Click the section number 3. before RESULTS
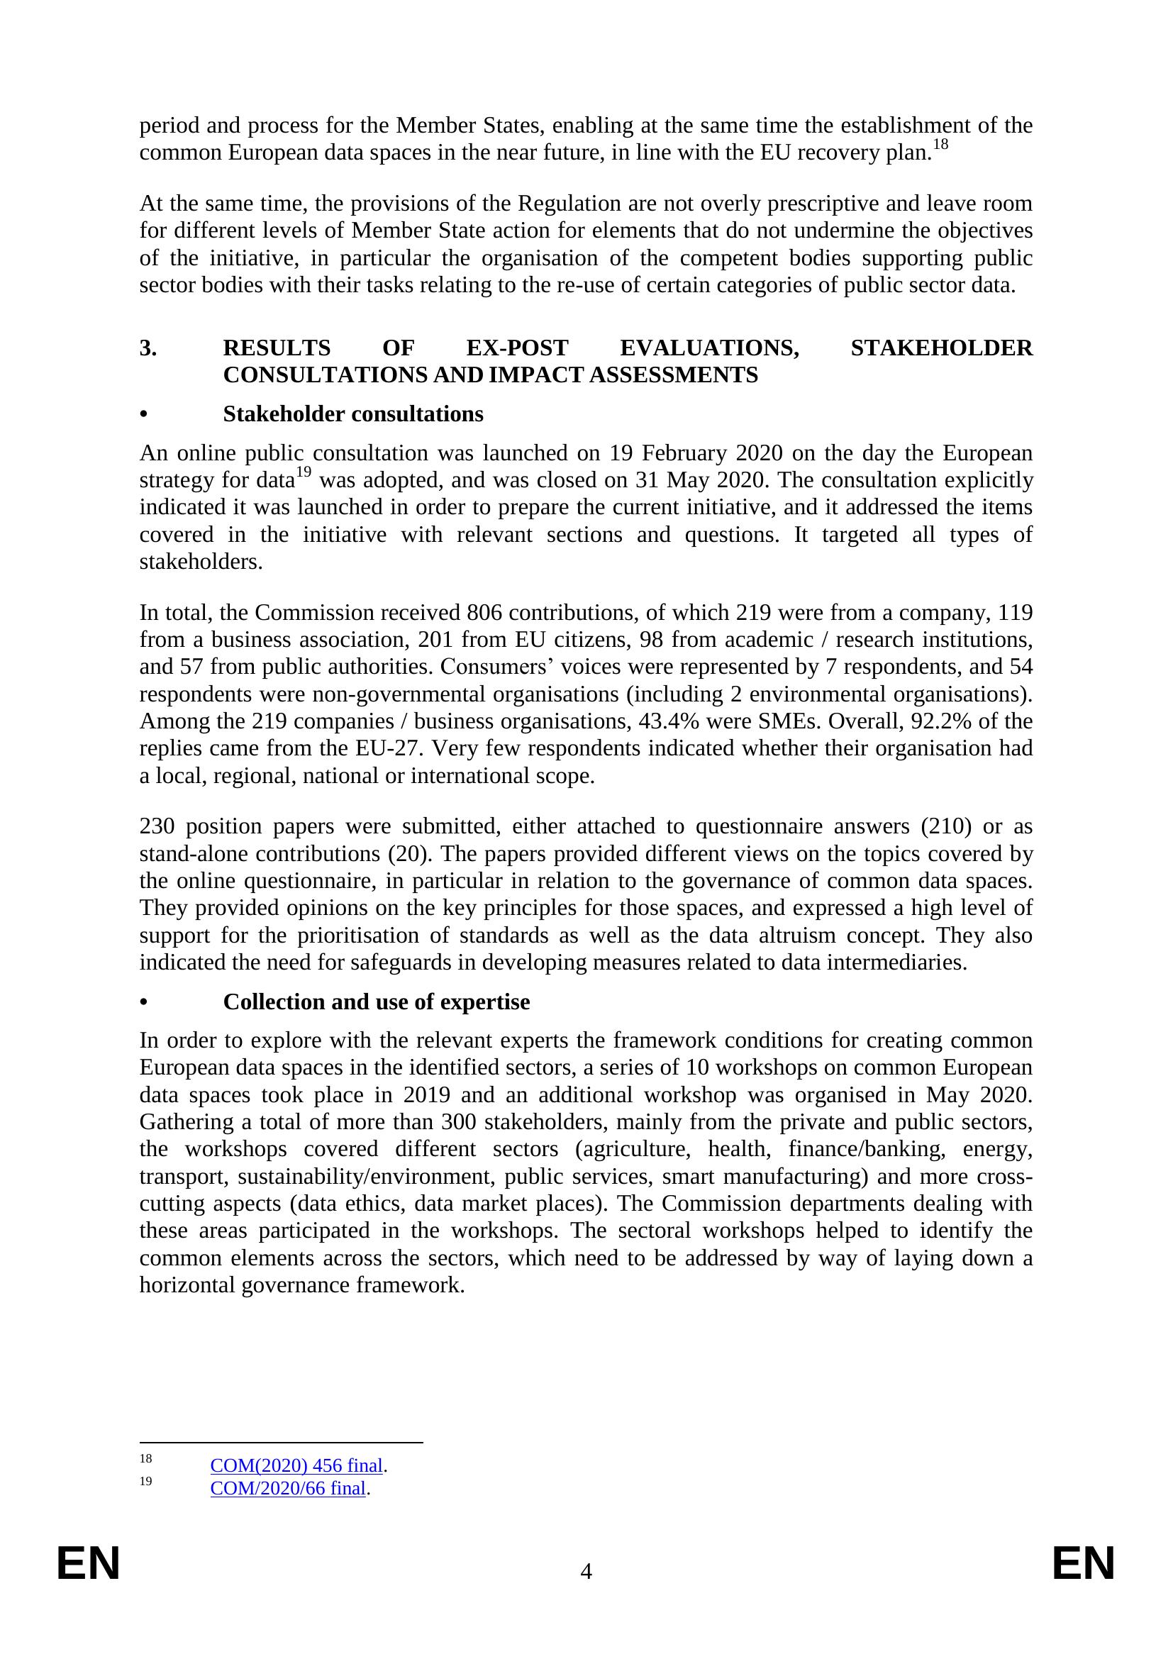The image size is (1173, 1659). (x=148, y=348)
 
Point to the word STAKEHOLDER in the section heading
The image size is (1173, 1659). (x=941, y=348)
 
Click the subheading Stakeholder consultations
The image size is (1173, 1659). (x=353, y=414)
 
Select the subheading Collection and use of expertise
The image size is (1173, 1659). (x=377, y=1001)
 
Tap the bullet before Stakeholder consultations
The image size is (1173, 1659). (x=143, y=415)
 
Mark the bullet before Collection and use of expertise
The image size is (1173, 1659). (x=143, y=1002)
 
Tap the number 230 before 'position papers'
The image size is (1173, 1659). (x=157, y=826)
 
